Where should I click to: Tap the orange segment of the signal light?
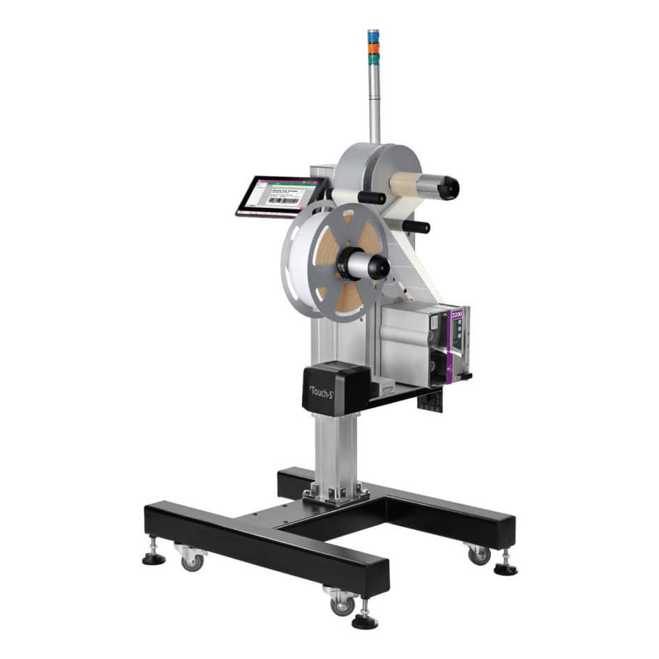pos(374,47)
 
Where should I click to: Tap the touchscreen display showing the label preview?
pos(279,195)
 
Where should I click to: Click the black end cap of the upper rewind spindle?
pos(446,188)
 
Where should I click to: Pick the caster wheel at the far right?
pos(478,554)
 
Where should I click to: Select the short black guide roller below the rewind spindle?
pos(416,226)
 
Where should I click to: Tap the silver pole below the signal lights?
pos(374,105)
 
